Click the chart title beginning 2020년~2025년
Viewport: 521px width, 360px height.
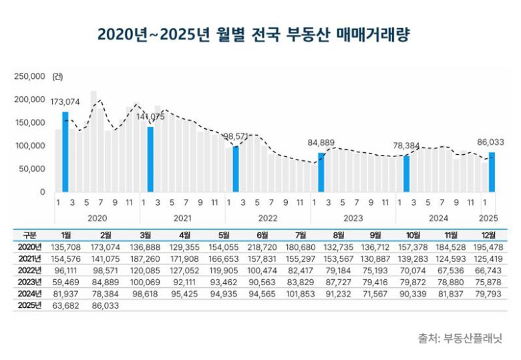point(253,34)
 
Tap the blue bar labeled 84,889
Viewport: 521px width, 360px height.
point(321,172)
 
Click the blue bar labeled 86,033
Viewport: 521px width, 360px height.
point(492,172)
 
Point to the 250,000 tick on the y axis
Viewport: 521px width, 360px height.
point(29,77)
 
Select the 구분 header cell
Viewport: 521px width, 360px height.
point(30,235)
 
